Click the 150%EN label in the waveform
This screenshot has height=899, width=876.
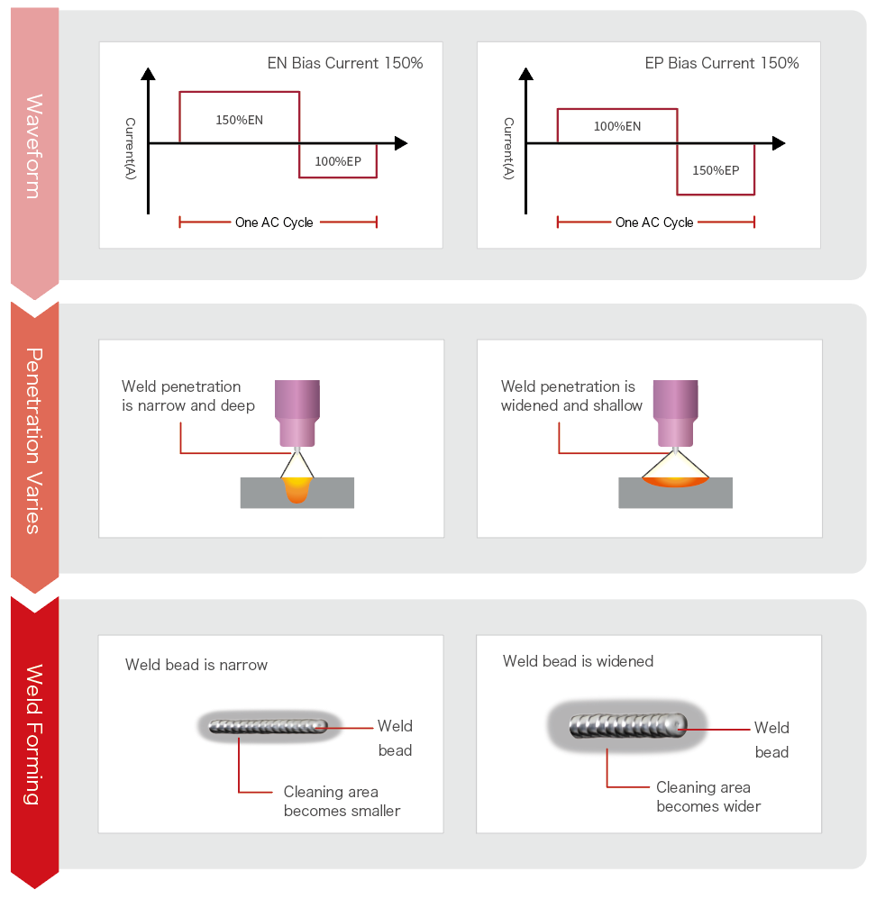(x=239, y=119)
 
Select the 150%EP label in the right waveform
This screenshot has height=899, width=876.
(x=715, y=170)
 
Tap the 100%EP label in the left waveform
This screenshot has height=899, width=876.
(x=337, y=161)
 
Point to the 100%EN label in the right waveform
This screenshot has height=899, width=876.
(x=616, y=126)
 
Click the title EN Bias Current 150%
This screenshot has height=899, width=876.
(x=345, y=63)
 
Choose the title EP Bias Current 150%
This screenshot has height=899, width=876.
(x=721, y=63)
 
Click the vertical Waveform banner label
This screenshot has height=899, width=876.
(x=34, y=146)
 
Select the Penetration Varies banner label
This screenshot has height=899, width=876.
(x=34, y=440)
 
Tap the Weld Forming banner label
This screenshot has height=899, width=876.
(x=34, y=734)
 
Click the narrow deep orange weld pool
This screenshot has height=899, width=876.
(x=297, y=489)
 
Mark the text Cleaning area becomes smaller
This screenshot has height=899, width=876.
(x=342, y=801)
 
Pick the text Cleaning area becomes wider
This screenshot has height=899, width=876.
(x=707, y=796)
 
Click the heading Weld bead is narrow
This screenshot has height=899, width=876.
(x=196, y=665)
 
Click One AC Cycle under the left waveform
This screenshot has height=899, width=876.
(x=274, y=222)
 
